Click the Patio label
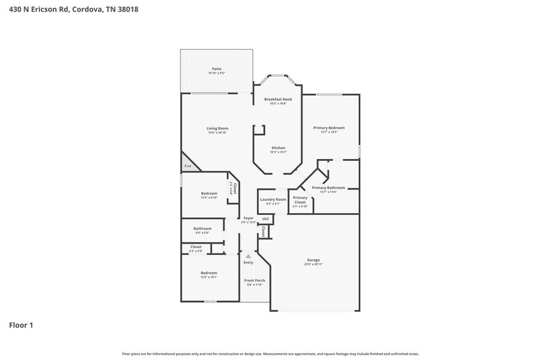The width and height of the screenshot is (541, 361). tap(217, 69)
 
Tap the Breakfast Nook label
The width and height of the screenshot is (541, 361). tap(278, 99)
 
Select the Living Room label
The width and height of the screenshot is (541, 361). tap(217, 128)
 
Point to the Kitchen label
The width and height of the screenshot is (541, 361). tap(278, 148)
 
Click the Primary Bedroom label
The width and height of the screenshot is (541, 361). tap(329, 128)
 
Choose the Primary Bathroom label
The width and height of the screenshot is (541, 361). tap(328, 188)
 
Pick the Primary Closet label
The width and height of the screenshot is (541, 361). tap(300, 200)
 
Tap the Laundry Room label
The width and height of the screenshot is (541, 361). tap(273, 200)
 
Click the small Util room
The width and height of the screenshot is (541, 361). tap(266, 219)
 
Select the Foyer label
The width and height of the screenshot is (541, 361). tap(248, 218)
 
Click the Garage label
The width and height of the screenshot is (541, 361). tap(313, 260)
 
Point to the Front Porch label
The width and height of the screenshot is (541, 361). tap(254, 281)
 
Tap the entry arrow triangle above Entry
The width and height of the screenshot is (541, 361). tap(248, 255)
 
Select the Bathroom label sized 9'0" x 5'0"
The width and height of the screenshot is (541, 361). tap(202, 228)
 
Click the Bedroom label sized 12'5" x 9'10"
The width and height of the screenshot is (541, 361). tap(209, 193)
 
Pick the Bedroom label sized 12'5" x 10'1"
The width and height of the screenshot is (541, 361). tap(209, 273)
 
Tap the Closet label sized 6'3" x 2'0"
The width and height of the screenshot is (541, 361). tap(195, 247)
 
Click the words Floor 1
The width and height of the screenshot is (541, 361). tap(21, 325)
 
